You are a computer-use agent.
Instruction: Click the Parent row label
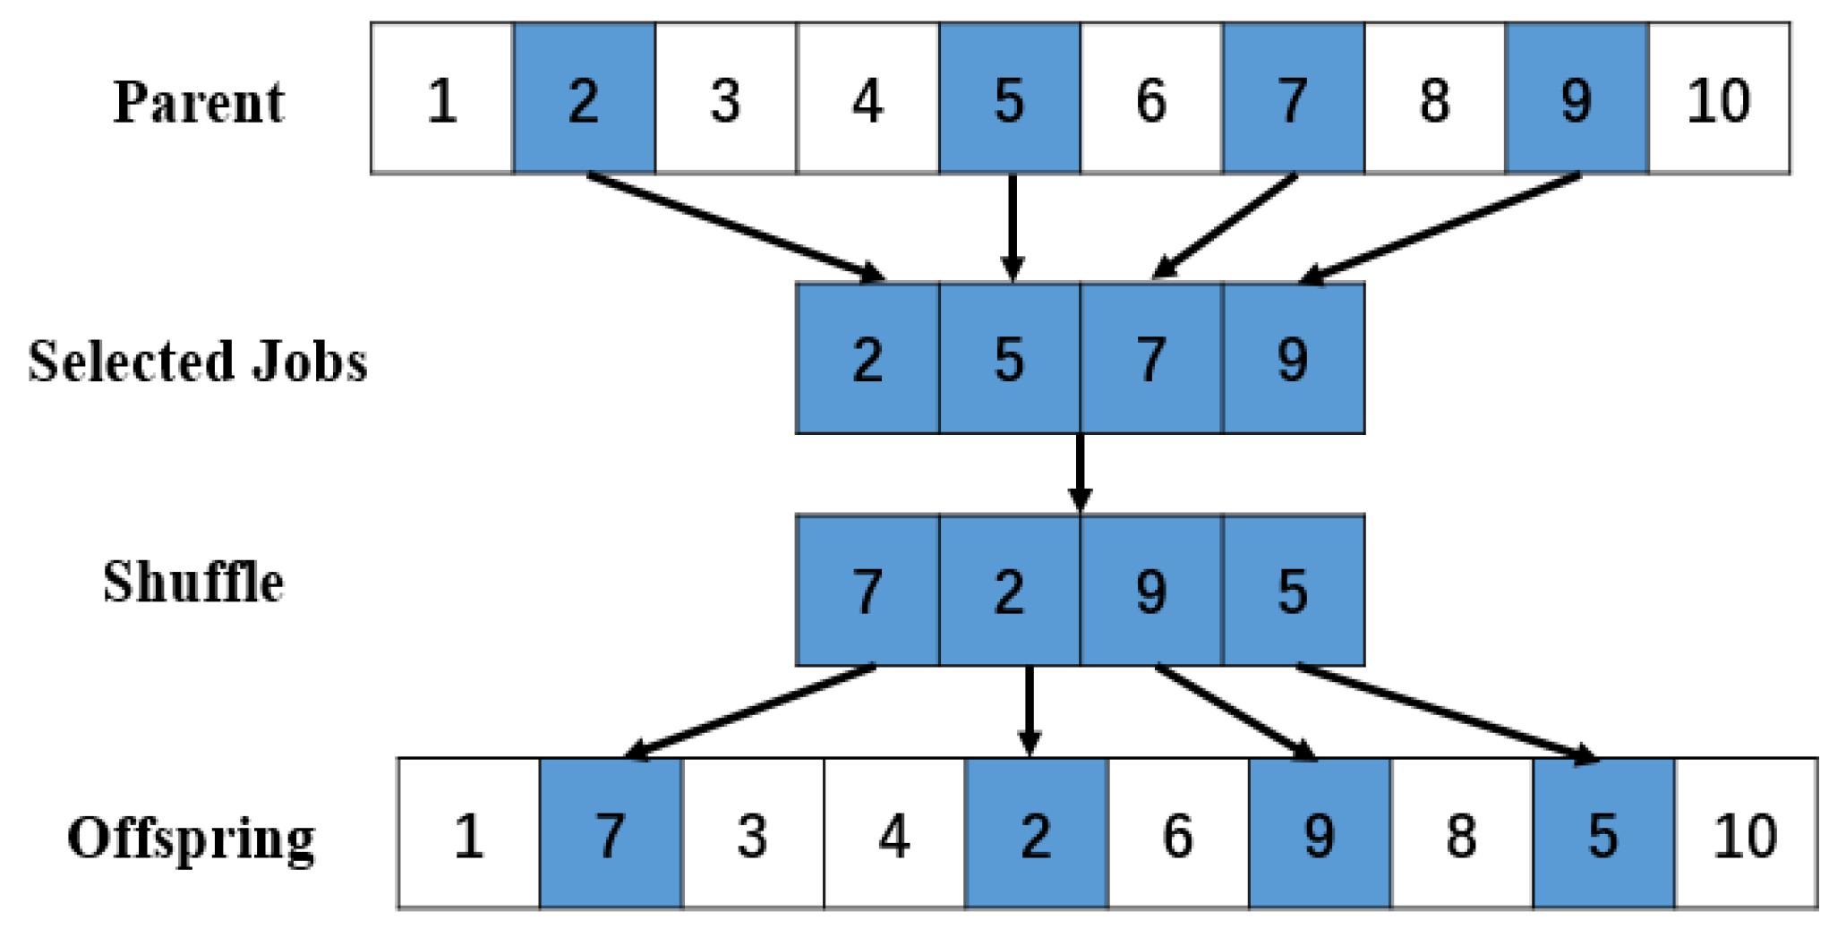point(198,101)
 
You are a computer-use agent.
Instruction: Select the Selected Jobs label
point(197,361)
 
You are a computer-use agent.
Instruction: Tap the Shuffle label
point(193,582)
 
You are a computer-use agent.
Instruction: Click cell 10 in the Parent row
point(1719,99)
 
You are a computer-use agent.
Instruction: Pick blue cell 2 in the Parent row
point(584,99)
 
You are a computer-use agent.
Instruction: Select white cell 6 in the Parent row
point(1151,99)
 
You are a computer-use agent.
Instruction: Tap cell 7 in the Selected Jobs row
point(1151,359)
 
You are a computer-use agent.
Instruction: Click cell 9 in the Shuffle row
point(1151,591)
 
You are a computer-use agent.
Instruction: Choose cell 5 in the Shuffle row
point(1293,591)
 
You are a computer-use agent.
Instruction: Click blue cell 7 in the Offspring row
point(611,835)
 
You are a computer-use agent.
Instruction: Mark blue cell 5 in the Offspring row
point(1602,835)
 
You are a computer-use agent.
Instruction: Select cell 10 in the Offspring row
point(1746,835)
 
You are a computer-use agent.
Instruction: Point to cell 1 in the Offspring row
point(468,835)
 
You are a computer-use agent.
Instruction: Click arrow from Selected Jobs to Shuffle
point(1080,474)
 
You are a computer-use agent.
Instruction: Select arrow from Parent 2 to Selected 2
point(734,227)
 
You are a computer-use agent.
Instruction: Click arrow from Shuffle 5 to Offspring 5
point(1446,713)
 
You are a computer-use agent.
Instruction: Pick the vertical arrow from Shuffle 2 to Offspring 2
point(1030,711)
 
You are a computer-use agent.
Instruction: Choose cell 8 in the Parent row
point(1434,99)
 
